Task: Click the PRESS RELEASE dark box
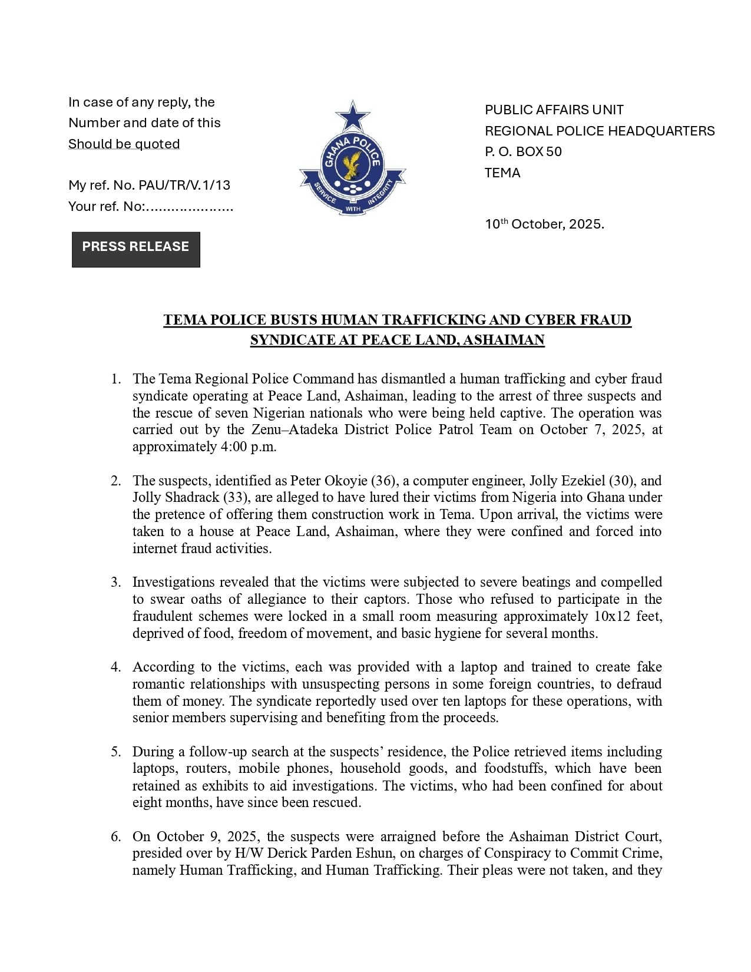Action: tap(135, 249)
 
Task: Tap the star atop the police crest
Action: tap(352, 116)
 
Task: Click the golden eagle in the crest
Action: tap(353, 164)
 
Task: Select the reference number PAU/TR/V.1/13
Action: tap(184, 185)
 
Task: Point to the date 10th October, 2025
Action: tap(544, 224)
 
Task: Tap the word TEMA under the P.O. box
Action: tap(502, 173)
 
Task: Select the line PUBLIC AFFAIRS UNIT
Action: tap(554, 110)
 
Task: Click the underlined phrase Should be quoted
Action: tap(124, 144)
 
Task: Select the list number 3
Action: tap(115, 582)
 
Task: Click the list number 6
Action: tap(115, 837)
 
